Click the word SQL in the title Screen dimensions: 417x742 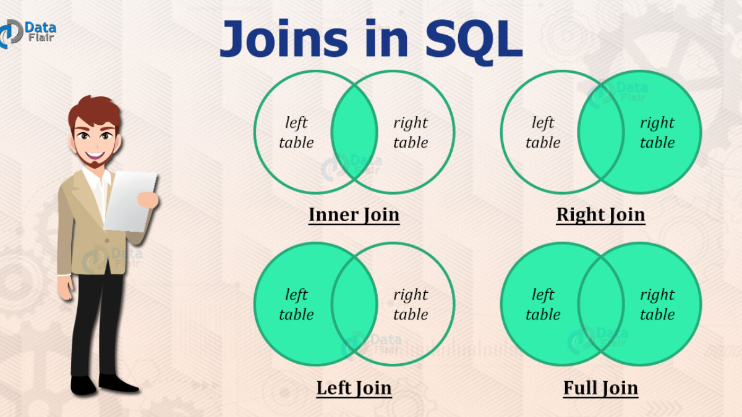point(469,38)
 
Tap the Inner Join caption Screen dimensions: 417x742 point(354,215)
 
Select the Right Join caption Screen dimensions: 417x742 point(600,215)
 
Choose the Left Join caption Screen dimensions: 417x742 point(354,388)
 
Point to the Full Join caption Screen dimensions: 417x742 point(600,388)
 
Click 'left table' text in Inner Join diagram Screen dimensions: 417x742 point(296,133)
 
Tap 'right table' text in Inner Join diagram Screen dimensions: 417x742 point(411,133)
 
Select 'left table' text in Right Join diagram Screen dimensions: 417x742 point(543,133)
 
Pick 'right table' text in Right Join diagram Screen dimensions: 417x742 point(657,133)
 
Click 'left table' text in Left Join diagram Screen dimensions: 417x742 point(296,305)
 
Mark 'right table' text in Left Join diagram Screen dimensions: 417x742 point(411,305)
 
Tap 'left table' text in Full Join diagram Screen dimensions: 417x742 point(543,305)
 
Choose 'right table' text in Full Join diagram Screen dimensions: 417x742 point(657,305)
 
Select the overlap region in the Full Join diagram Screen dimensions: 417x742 point(601,304)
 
